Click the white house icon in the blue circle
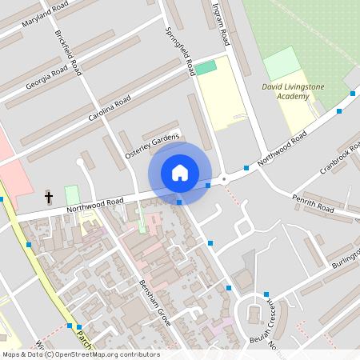(180, 173)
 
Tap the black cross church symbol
(49, 196)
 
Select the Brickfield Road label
(68, 53)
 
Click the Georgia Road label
(46, 78)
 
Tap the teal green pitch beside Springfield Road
(206, 68)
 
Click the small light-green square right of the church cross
(72, 194)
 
